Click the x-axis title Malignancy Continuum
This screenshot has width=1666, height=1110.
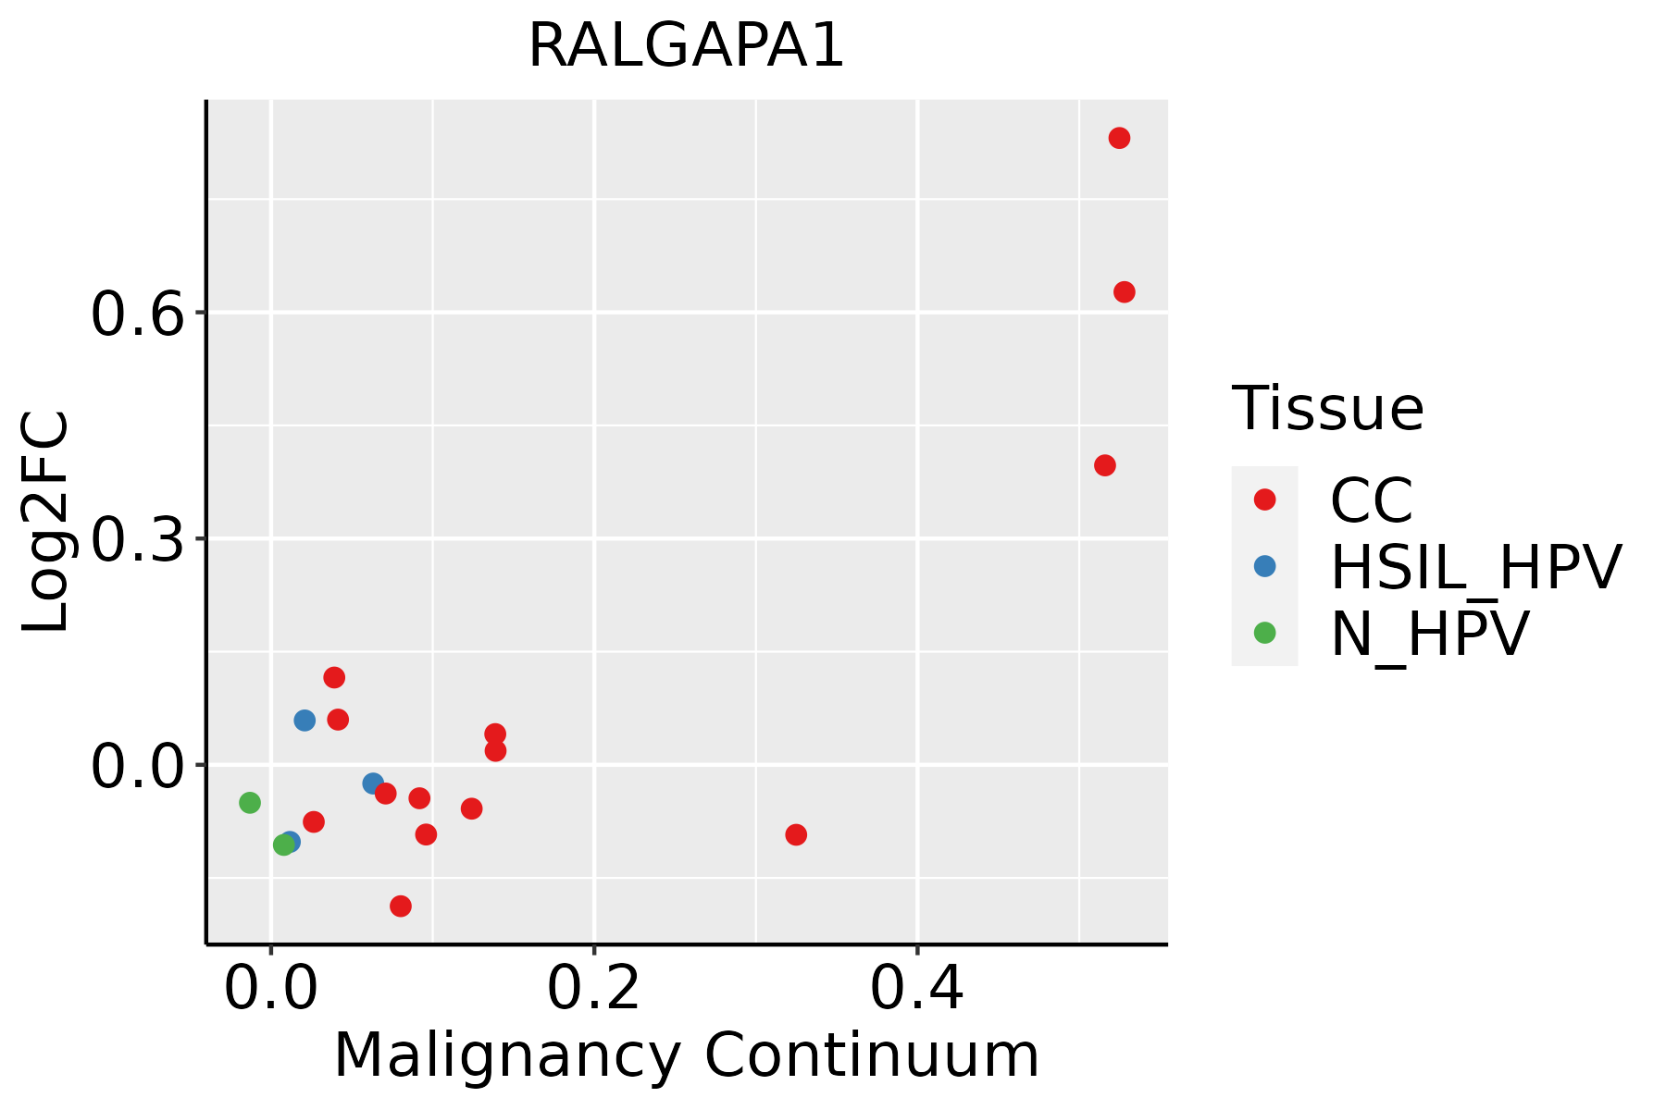tap(686, 1055)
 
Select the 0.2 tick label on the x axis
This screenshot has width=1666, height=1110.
tap(593, 989)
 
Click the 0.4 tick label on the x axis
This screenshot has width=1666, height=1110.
tap(916, 989)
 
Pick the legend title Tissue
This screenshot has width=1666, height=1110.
tap(1327, 409)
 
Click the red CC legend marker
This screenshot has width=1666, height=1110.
tap(1264, 499)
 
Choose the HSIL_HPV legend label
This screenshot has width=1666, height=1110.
tap(1475, 567)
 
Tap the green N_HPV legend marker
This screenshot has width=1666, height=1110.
tap(1264, 633)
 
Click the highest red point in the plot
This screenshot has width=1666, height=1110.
tap(1119, 139)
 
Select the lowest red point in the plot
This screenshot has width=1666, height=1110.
tap(401, 906)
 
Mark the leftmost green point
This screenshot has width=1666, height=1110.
tap(250, 802)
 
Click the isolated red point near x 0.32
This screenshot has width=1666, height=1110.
tap(796, 834)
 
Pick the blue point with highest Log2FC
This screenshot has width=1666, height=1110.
tap(305, 720)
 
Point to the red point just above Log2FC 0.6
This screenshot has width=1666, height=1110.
tap(1125, 292)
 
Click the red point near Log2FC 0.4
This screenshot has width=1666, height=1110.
tap(1104, 465)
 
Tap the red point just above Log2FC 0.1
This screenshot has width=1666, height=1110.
tap(334, 677)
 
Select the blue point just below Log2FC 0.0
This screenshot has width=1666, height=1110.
tap(373, 783)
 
